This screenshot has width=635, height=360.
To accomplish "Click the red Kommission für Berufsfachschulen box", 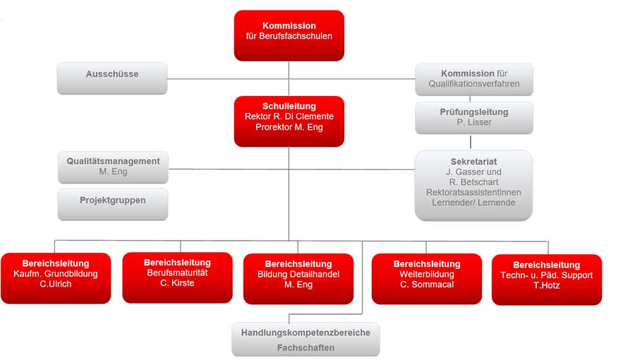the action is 289,35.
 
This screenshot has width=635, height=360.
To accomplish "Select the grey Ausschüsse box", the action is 112,78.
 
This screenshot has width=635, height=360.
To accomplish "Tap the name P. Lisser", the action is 474,122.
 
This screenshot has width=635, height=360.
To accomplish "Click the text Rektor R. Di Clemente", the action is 289,116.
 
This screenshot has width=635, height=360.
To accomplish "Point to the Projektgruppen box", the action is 113,205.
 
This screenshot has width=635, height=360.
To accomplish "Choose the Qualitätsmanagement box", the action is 113,168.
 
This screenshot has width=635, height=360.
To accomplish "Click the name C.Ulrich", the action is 56,284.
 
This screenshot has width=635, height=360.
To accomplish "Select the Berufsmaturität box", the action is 177,278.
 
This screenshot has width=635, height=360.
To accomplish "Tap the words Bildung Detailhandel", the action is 298,274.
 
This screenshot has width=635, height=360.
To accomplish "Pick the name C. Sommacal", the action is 427,284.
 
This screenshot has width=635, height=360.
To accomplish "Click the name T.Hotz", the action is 546,285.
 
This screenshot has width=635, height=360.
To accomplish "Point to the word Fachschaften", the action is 306,348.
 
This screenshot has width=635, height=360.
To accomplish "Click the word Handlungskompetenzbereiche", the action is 306,333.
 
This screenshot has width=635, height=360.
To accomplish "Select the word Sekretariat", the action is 474,162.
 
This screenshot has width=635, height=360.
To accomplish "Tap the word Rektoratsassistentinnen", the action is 473,192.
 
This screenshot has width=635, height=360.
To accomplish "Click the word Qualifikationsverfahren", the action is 474,84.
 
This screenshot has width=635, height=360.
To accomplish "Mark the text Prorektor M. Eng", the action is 289,127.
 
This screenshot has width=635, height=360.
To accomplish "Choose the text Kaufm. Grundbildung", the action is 56,274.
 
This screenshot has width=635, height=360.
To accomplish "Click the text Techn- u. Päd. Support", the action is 546,275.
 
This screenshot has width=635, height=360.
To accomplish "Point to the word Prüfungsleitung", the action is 474,112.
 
